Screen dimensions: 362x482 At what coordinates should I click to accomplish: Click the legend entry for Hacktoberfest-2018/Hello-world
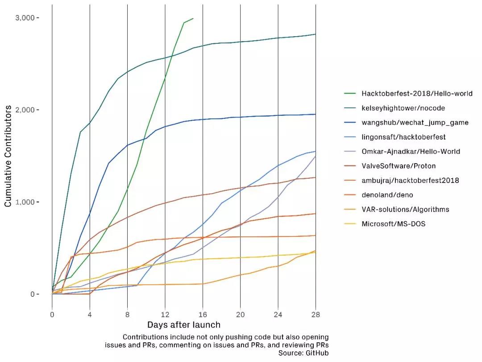417,93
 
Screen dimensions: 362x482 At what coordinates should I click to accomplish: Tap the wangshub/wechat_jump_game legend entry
415,122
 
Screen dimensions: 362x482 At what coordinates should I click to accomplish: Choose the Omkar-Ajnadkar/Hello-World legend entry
411,152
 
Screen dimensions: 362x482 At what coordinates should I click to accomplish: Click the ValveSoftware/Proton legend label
399,166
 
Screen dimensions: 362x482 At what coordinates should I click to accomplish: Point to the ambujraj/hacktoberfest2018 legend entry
410,181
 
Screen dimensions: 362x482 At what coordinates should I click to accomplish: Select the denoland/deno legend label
387,195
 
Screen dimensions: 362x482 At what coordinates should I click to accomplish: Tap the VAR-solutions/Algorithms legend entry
405,209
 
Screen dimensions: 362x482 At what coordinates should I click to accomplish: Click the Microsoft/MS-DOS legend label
394,224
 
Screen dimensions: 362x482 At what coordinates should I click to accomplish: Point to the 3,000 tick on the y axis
25,17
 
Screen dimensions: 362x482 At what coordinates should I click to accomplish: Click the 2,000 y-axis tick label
25,110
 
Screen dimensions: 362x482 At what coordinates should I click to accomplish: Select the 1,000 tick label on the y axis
25,202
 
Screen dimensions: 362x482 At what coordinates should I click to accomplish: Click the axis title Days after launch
184,324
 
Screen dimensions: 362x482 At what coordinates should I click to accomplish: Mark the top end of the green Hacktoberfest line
193,18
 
